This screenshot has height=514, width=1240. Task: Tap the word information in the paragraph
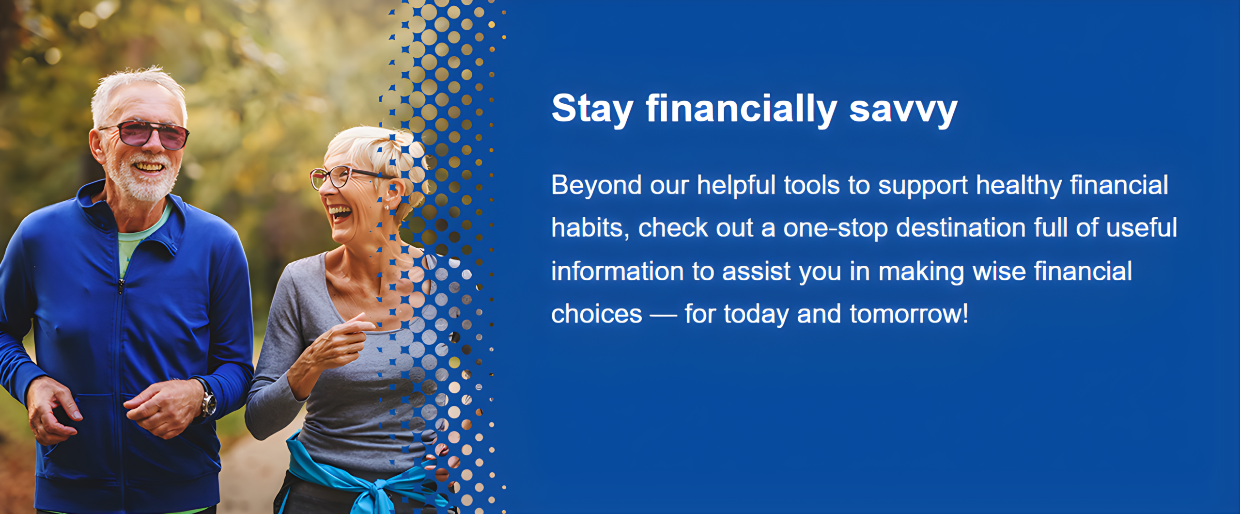click(x=618, y=271)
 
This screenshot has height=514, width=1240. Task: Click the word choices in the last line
click(x=597, y=314)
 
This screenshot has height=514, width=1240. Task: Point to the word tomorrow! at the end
click(x=909, y=314)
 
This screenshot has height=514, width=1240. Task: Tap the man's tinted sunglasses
click(x=145, y=134)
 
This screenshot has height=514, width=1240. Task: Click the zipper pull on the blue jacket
click(x=121, y=287)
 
